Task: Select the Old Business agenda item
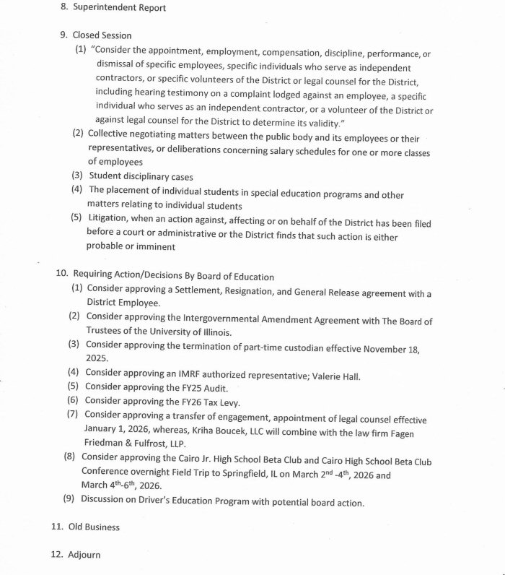94,527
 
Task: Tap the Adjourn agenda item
84,555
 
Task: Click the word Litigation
112,224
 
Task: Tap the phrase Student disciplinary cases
141,176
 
